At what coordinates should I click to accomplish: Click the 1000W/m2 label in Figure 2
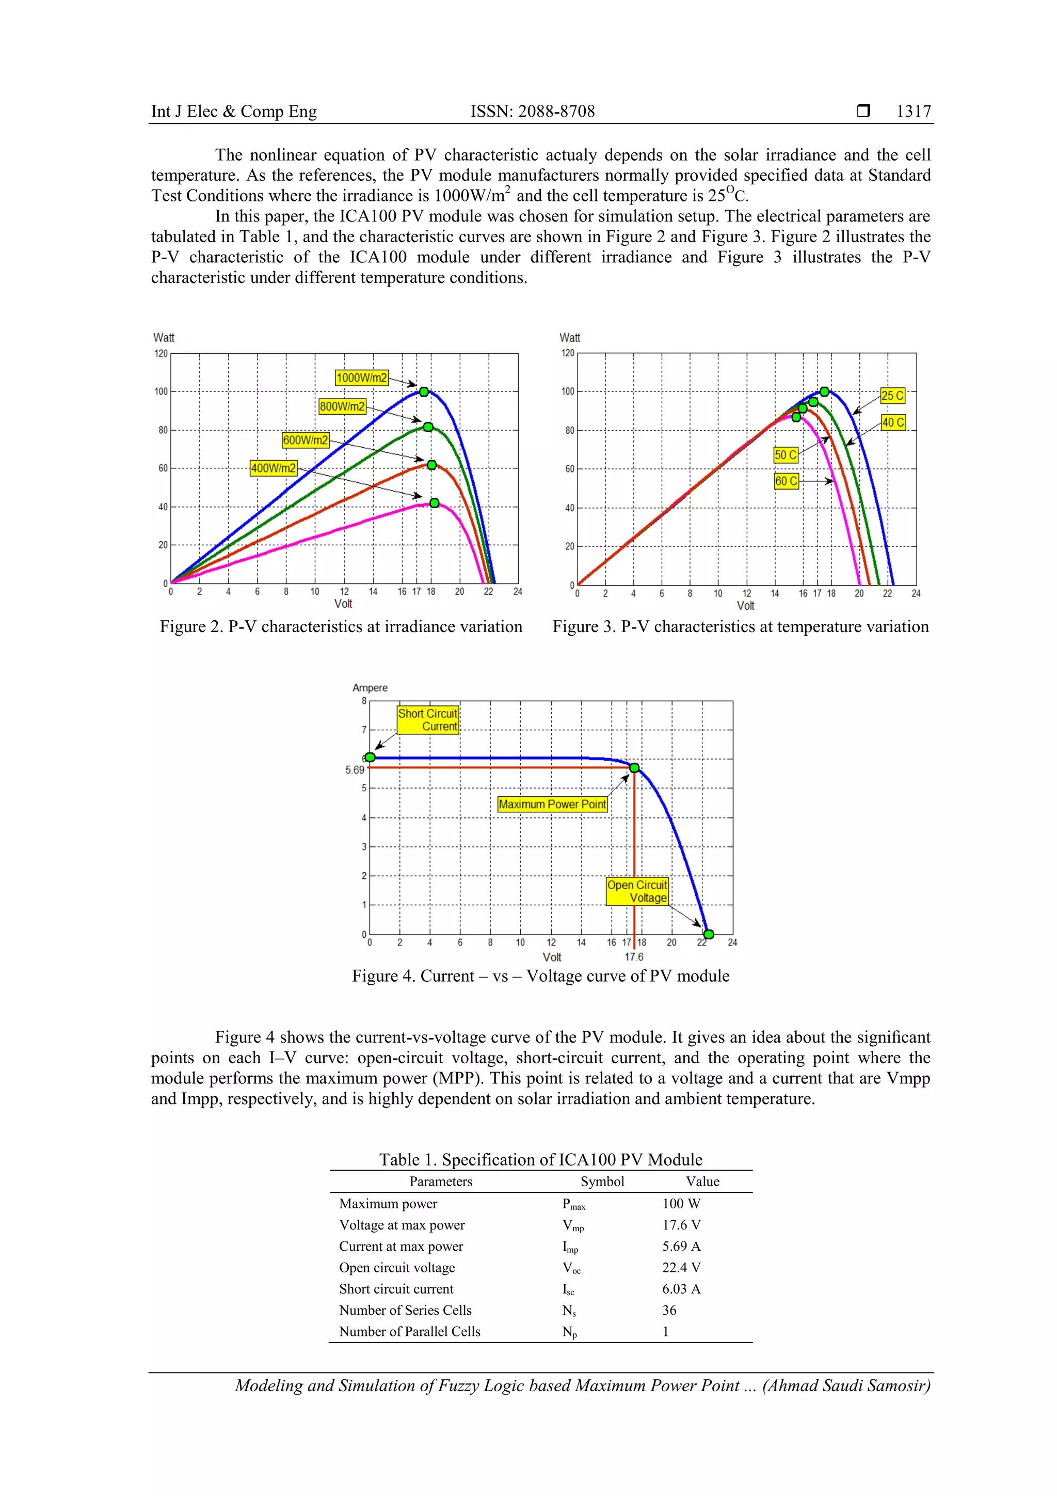(x=361, y=378)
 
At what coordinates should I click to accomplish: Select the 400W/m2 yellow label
(x=274, y=468)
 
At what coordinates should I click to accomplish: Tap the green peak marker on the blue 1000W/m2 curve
(x=424, y=391)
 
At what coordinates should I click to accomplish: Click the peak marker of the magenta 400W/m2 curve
(x=435, y=502)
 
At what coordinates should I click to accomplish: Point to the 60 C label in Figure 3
(x=786, y=481)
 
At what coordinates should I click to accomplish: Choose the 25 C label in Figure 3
(x=892, y=395)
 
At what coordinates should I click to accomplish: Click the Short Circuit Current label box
(x=428, y=720)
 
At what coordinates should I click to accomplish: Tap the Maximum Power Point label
(x=552, y=804)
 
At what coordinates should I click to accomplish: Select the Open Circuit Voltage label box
(x=637, y=891)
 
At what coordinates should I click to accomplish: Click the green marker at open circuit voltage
(x=709, y=934)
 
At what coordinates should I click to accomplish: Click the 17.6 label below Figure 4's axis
(x=634, y=956)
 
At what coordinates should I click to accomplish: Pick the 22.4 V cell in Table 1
(x=681, y=1267)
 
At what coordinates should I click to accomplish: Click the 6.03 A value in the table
(x=681, y=1289)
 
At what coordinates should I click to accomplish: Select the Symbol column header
(x=602, y=1182)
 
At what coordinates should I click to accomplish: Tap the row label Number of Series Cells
(x=405, y=1310)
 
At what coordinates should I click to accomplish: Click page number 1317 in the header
(x=913, y=112)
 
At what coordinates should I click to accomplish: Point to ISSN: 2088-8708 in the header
(x=533, y=112)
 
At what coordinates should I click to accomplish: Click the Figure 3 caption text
(x=741, y=627)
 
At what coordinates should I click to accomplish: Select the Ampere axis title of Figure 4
(x=370, y=687)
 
